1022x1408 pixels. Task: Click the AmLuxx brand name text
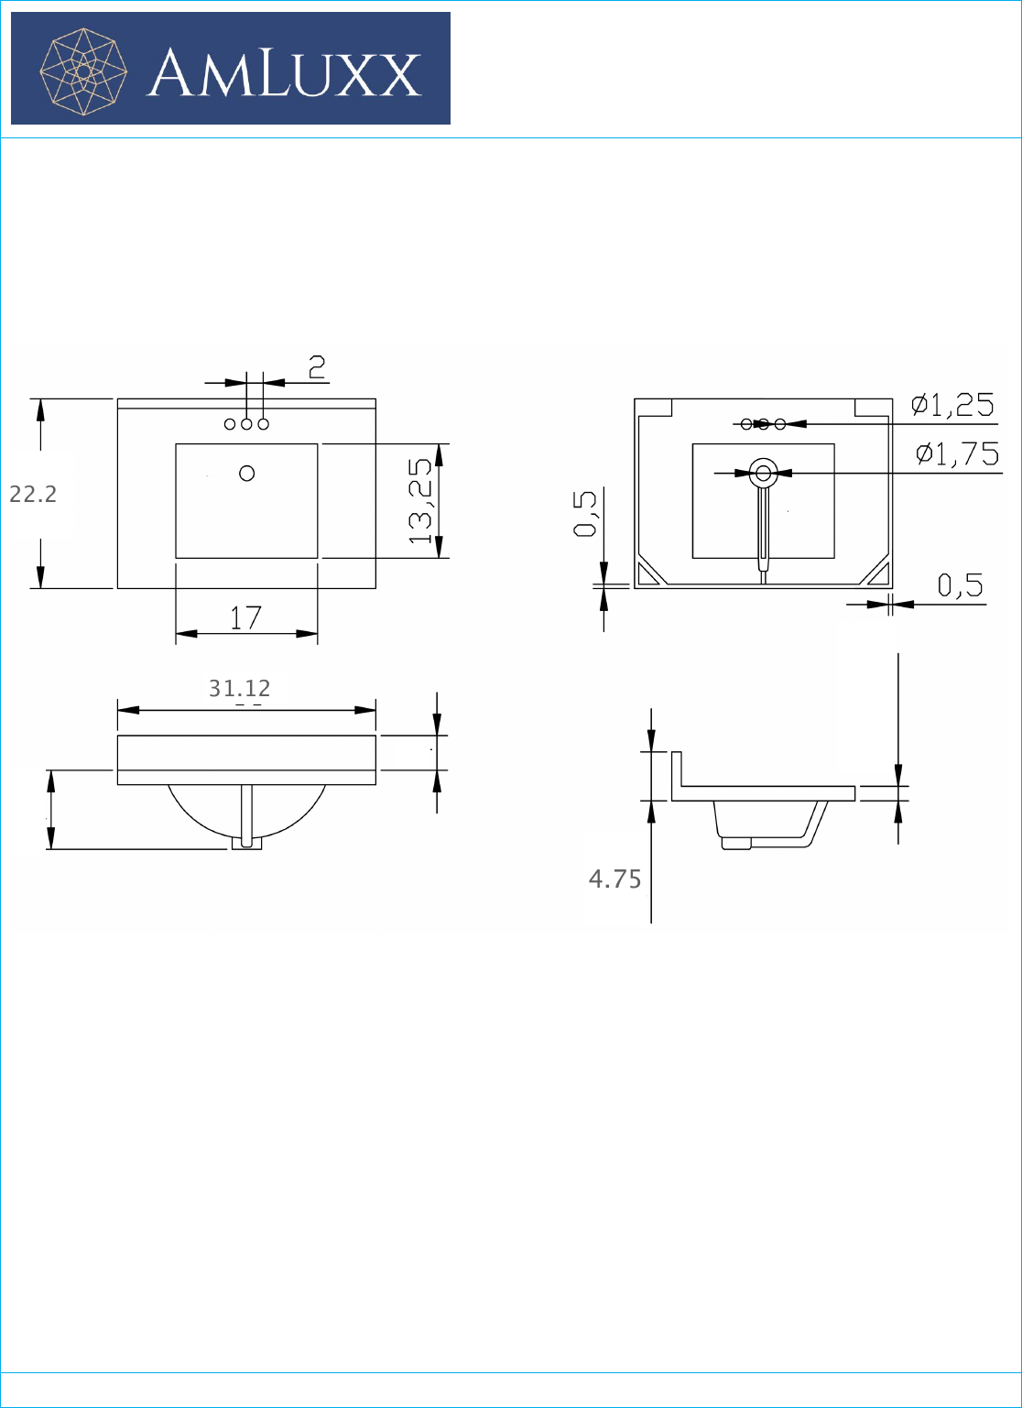click(284, 73)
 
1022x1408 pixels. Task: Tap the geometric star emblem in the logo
click(83, 71)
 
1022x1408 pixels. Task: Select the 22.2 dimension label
click(33, 494)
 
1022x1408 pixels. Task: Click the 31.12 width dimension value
click(239, 688)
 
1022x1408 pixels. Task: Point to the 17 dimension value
click(245, 617)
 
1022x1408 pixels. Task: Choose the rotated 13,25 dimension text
click(420, 501)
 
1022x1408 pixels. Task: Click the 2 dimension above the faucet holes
click(318, 367)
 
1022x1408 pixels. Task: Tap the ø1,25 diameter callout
click(953, 404)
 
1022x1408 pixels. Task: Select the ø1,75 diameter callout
click(957, 453)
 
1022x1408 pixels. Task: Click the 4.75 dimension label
click(614, 879)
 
